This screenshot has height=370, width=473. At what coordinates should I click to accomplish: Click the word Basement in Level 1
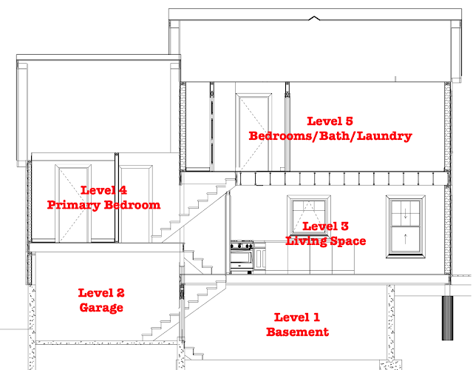[x=297, y=332]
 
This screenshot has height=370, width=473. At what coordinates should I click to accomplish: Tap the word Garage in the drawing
[x=101, y=308]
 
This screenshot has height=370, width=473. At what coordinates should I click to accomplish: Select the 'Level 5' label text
[x=330, y=121]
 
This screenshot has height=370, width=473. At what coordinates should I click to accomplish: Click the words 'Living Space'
[x=325, y=241]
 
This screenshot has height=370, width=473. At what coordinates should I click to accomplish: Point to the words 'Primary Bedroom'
[x=103, y=205]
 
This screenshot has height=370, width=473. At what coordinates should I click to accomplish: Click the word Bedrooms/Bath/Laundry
[x=330, y=136]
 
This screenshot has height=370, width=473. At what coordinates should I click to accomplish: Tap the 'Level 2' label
[x=101, y=293]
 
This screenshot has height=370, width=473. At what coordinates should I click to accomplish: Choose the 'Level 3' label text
[x=325, y=226]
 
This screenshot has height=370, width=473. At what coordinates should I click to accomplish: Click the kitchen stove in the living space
[x=242, y=257]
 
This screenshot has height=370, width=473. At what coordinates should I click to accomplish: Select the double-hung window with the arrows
[x=406, y=226]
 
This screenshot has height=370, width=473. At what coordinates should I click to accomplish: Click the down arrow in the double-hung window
[x=406, y=213]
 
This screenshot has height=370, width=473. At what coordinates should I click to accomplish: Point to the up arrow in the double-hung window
[x=406, y=238]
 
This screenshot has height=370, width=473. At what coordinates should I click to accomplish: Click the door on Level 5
[x=253, y=132]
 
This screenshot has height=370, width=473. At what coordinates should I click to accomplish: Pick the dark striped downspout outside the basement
[x=447, y=318]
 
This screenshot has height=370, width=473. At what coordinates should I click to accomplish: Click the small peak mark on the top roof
[x=314, y=18]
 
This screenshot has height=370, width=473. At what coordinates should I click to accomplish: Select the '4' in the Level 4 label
[x=123, y=190]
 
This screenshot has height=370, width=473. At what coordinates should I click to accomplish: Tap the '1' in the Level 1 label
[x=316, y=317]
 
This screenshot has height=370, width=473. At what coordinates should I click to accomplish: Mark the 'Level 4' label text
[x=103, y=190]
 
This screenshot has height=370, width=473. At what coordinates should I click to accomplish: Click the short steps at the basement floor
[x=194, y=353]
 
